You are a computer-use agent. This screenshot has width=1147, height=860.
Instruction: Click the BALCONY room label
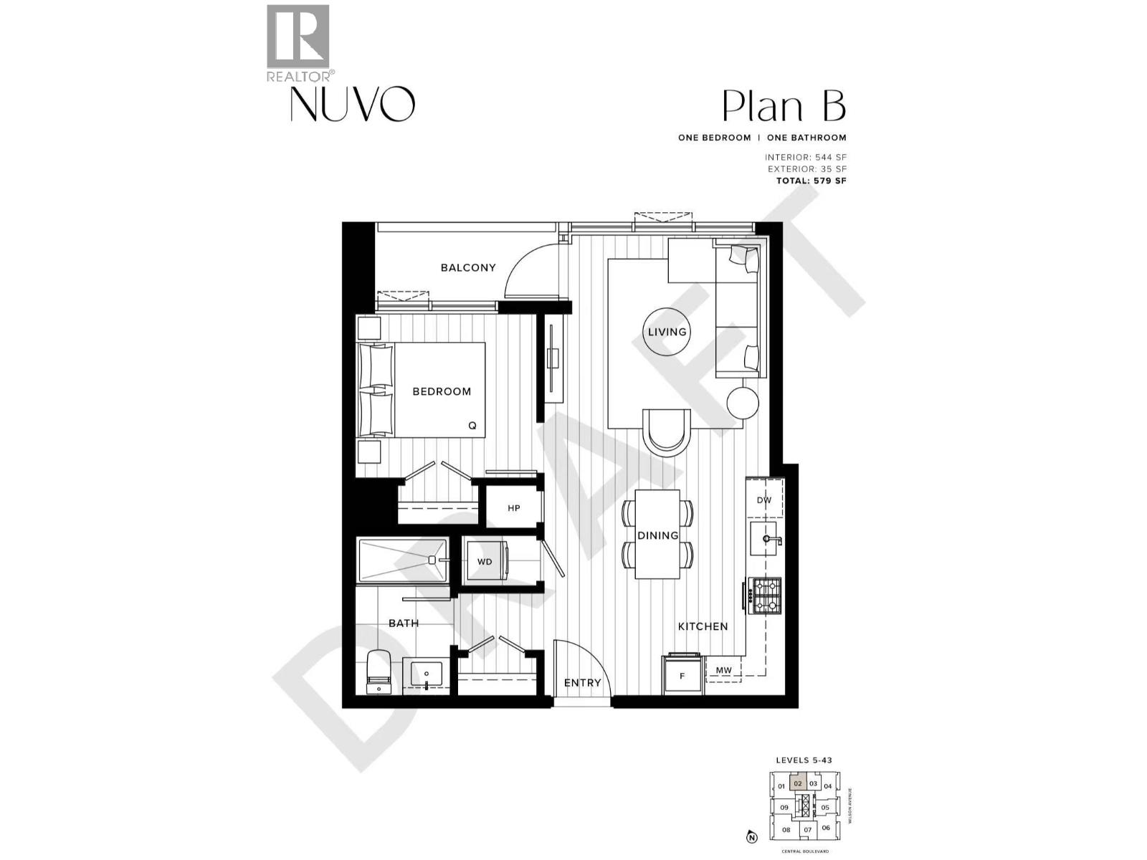(x=467, y=267)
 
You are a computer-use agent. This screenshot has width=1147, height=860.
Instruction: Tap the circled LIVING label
(x=667, y=332)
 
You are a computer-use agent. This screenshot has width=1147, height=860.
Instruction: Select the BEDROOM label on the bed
(x=442, y=391)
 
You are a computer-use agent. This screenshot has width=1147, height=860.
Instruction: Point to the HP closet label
(x=513, y=508)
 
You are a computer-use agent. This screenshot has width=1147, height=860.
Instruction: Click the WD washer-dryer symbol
(x=485, y=561)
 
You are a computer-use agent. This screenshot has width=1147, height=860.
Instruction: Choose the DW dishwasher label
(x=764, y=500)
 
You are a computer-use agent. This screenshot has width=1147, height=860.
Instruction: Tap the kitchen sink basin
(x=764, y=539)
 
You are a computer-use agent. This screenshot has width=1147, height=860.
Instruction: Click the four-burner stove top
(x=764, y=596)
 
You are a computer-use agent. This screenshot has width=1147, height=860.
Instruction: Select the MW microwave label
(x=724, y=670)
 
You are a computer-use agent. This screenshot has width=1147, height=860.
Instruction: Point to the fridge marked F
(x=682, y=675)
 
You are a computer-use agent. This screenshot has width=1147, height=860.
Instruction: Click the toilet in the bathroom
(x=378, y=672)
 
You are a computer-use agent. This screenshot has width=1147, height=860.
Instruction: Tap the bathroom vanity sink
(x=427, y=674)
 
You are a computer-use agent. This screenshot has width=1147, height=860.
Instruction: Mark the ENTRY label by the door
(x=582, y=683)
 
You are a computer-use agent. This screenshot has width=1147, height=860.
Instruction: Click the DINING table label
(x=658, y=535)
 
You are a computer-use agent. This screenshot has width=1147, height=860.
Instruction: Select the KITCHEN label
(x=703, y=626)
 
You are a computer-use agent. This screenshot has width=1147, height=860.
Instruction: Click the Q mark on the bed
(x=472, y=425)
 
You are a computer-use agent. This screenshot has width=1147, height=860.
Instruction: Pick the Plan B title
(x=784, y=107)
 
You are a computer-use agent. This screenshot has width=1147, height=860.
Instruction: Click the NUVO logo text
(x=352, y=105)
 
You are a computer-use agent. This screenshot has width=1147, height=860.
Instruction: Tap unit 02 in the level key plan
(x=798, y=784)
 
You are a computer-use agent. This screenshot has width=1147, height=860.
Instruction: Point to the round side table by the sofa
(x=743, y=403)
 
